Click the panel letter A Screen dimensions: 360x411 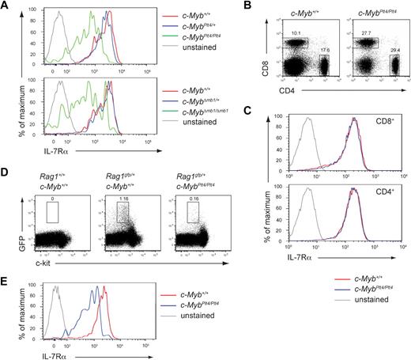pyautogui.click(x=6, y=6)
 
